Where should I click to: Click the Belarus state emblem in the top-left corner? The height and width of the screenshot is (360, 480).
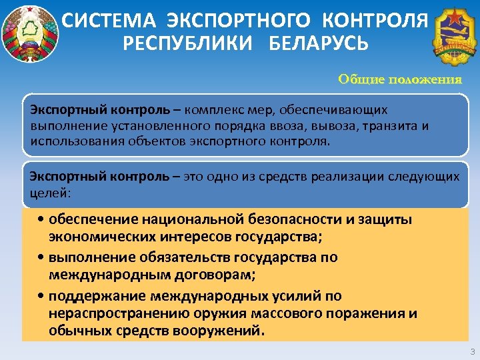click(28, 33)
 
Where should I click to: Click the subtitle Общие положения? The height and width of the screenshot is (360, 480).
click(399, 79)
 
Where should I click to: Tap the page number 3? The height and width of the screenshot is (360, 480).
click(472, 351)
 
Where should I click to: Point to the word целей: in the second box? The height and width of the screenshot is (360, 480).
click(50, 192)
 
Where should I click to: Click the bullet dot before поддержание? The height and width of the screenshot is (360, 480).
click(41, 295)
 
